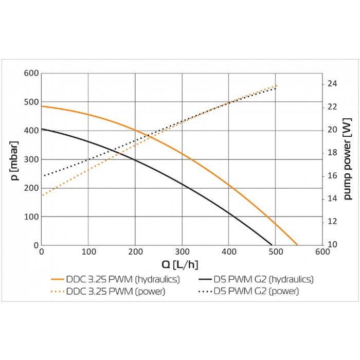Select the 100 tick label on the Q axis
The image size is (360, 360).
[88, 251]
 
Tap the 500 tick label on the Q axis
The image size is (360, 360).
[275, 251]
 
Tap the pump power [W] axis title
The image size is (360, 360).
[348, 159]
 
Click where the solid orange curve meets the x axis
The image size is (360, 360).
[297, 245]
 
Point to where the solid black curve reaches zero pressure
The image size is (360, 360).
[272, 245]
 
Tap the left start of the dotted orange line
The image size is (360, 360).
[42, 195]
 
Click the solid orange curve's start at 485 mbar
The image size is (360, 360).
[42, 106]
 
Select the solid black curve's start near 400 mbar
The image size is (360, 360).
[42, 129]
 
